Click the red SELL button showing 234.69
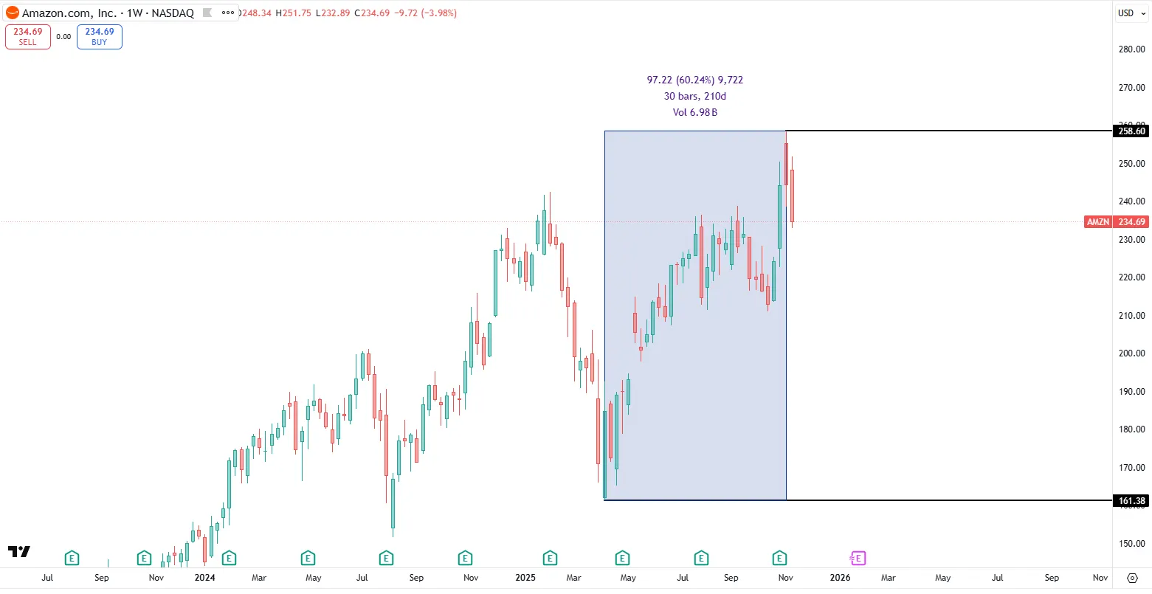pos(27,37)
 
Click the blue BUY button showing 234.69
pos(99,37)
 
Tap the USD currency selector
pos(1130,13)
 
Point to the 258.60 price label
pos(1131,131)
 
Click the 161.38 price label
pos(1131,501)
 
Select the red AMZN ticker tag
pos(1098,222)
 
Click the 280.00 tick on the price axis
pos(1131,49)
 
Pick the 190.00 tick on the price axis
pos(1131,392)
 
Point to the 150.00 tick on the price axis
pos(1131,544)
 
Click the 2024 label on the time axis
pos(204,578)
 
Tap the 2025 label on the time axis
pos(525,578)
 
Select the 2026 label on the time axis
pos(840,578)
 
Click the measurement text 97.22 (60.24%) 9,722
pos(694,80)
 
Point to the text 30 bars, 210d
pos(694,96)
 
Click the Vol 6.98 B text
pos(694,112)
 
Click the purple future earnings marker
pos(858,558)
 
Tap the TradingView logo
pos(19,551)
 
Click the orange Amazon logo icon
pos(13,13)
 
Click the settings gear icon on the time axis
pos(1132,578)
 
